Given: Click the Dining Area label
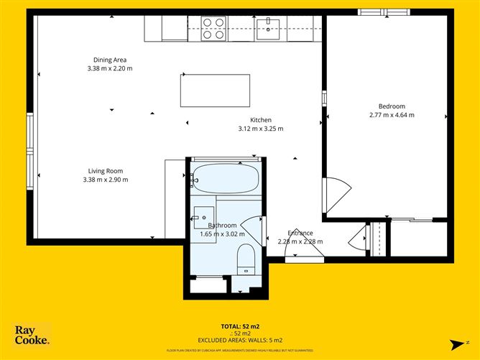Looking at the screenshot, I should point(110,60).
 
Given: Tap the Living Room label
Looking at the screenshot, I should point(106,171).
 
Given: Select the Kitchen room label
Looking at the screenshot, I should point(260,120).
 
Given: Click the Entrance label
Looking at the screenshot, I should point(300,233).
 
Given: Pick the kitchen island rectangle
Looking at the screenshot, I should point(215,90).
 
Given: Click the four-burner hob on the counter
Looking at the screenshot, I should point(213,28).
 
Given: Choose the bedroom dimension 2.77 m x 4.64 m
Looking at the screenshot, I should point(392,115).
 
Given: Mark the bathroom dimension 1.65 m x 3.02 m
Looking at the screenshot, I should point(222,234).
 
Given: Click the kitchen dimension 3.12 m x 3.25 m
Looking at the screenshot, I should point(260,129).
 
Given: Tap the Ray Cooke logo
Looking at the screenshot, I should point(32,335).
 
